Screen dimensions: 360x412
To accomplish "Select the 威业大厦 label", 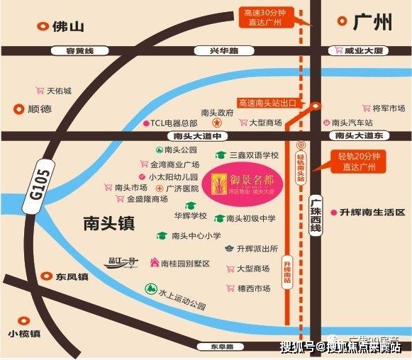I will (369, 51).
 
